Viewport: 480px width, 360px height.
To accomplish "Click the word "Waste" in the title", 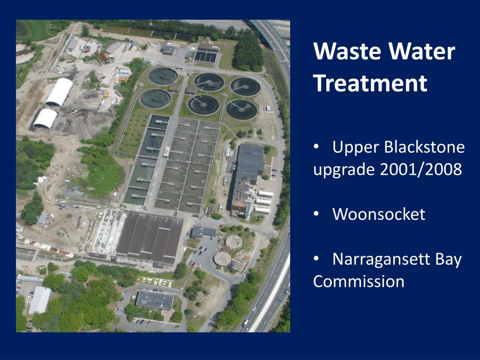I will (x=341, y=51).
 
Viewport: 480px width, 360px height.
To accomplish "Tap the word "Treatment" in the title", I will (x=370, y=83).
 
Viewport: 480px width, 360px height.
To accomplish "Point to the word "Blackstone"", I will (x=424, y=147).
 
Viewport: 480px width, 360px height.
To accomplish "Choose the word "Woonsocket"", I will (x=378, y=214).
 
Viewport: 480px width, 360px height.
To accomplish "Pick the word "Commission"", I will (x=359, y=281).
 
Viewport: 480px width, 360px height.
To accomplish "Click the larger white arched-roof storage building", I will (x=60, y=91).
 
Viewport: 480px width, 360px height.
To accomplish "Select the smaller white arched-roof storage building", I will (x=45, y=119).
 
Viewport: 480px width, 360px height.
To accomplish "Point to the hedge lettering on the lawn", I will (x=155, y=280).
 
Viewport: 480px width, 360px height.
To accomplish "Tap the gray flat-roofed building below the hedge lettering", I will (x=155, y=300).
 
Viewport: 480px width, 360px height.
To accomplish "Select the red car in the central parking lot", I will (x=192, y=264).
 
